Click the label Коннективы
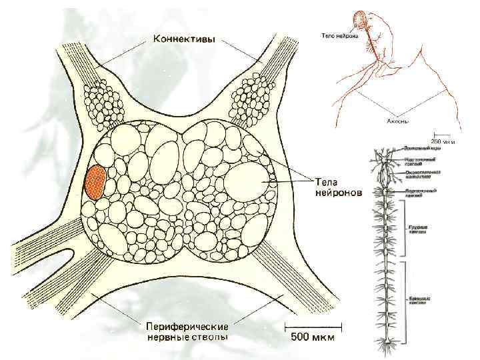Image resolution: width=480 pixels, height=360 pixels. (x=184, y=39)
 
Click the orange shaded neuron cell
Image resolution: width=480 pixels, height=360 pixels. (x=95, y=182)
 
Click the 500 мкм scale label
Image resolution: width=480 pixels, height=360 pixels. (x=313, y=338)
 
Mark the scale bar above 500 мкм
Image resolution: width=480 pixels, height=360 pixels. (x=313, y=326)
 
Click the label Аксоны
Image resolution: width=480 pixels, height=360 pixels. (x=398, y=122)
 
